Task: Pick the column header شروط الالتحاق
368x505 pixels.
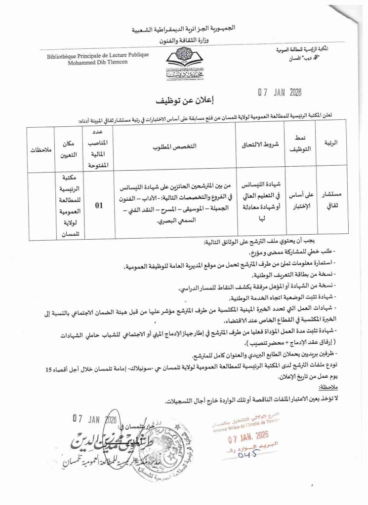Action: click(259, 146)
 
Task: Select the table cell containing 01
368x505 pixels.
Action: click(99, 206)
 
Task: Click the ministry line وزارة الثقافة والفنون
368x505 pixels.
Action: click(183, 39)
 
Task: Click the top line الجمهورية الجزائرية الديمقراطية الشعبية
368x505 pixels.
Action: click(183, 29)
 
